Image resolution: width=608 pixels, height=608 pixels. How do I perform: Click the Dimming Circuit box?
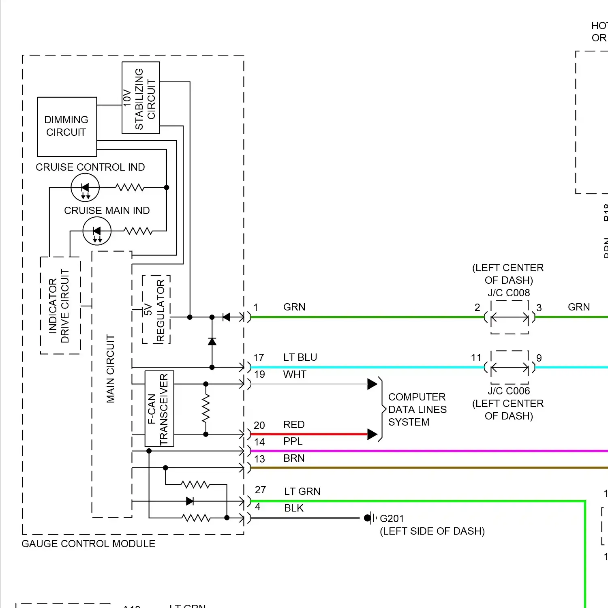(67, 126)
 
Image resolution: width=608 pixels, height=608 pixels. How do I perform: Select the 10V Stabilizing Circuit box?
(141, 98)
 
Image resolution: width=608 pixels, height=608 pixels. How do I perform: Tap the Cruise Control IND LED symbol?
(85, 187)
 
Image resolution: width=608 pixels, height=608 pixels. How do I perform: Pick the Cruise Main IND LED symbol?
(97, 231)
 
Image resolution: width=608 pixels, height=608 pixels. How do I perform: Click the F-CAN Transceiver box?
(159, 409)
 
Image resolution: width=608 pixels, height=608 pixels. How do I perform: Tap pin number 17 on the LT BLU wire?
(259, 358)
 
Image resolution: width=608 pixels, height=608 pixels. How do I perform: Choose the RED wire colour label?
(294, 424)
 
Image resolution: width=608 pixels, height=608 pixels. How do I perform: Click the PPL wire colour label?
(293, 441)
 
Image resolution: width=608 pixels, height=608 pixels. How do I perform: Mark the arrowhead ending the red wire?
(372, 434)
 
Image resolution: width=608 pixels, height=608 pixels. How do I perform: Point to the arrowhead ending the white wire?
(372, 384)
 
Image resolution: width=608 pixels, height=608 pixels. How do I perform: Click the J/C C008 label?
(509, 293)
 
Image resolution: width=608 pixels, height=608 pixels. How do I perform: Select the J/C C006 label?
(509, 391)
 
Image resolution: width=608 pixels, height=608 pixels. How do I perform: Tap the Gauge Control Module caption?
(88, 544)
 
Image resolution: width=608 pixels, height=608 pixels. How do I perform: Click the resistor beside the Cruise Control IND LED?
(130, 187)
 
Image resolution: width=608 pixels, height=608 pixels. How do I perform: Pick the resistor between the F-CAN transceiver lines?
(206, 409)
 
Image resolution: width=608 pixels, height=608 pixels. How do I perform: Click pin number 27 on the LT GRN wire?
(260, 490)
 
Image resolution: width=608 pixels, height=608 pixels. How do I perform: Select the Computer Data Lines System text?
(417, 409)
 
